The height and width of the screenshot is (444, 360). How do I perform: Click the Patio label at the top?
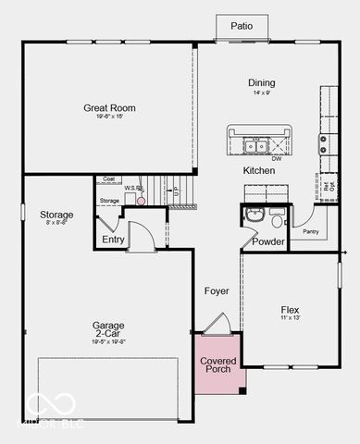coord(241,27)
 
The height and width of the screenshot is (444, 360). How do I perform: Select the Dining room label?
coord(261,83)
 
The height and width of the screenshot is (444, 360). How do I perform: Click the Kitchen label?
coord(259,171)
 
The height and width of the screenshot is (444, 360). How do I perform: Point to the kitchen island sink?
coord(256,144)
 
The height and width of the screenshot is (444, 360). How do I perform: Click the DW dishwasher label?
coord(277,158)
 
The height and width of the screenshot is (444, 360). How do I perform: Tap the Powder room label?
coord(268,241)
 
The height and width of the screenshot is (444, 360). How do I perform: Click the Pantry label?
coord(311,231)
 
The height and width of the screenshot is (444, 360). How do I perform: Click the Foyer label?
coord(217,291)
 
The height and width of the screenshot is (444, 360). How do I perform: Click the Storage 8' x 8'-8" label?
coord(57,215)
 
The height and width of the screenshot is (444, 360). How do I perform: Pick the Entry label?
coord(113,240)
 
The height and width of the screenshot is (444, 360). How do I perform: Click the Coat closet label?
coord(108,179)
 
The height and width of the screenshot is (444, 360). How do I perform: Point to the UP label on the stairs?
coord(175,191)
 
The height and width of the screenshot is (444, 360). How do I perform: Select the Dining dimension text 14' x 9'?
coord(261,92)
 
